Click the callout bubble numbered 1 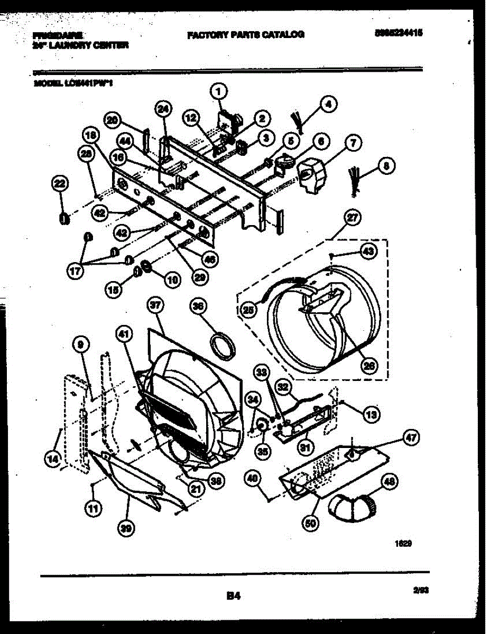[219, 91]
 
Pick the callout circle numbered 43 [368, 251]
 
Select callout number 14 [52, 460]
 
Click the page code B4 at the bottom [234, 596]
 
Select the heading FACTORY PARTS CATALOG [245, 35]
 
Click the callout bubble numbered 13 [372, 415]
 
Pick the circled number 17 [75, 271]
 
